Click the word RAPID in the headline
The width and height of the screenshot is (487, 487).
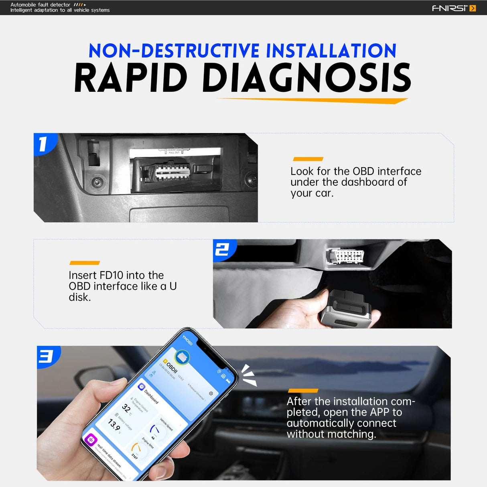pos(131,78)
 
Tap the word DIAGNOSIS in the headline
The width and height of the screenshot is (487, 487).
pos(307,78)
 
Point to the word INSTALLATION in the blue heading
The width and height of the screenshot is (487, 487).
pos(331,51)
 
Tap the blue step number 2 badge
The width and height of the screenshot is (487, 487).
pos(223,250)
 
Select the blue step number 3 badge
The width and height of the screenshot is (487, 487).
pos(47,356)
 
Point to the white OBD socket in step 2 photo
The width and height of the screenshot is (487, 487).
pos(345,256)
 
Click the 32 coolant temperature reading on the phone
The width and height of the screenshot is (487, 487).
pos(126,408)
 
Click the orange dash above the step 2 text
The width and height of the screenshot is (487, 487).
pos(85,263)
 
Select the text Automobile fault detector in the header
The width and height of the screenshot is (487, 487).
pos(40,5)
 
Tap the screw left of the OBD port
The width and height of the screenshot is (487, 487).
pos(97,182)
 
